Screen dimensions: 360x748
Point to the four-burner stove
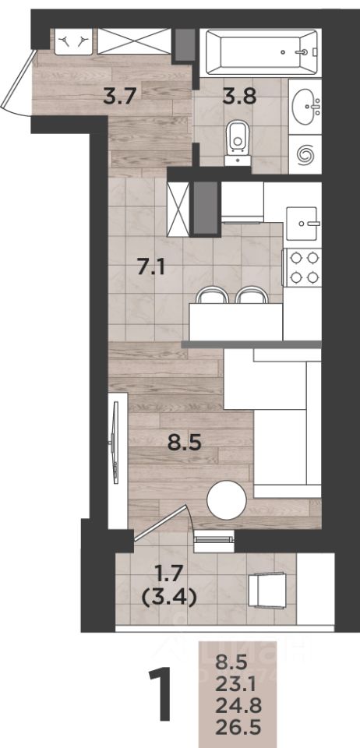303,267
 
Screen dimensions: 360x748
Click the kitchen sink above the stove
302,224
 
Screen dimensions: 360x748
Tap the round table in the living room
227,500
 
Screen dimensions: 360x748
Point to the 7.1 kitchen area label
150,268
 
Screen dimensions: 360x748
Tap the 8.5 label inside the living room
185,443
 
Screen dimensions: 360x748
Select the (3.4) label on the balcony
170,598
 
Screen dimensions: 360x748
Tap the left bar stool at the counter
212,295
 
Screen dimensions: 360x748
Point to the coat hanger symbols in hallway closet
72,41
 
